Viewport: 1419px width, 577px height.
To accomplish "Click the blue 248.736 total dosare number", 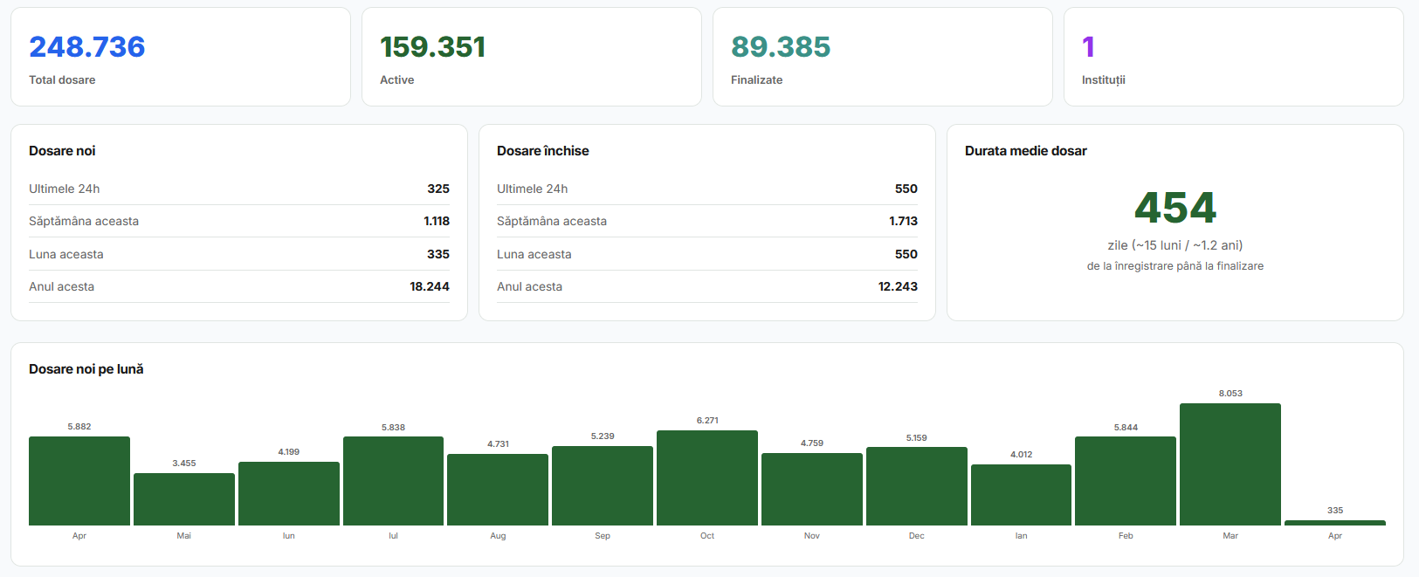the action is (x=86, y=47).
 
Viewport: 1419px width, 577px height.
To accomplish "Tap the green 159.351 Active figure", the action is (x=432, y=47).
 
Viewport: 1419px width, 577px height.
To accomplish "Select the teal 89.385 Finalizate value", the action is (x=781, y=47).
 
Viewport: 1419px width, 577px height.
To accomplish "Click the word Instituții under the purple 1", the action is (x=1104, y=79).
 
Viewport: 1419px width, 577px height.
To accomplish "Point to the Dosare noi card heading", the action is (x=62, y=151).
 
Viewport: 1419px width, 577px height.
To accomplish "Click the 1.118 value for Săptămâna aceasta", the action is (x=437, y=221).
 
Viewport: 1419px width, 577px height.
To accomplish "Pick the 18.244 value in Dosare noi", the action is (x=430, y=286).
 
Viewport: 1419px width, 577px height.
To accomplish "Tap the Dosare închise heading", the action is (x=543, y=151).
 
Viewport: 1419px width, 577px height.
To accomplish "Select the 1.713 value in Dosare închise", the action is (x=903, y=221).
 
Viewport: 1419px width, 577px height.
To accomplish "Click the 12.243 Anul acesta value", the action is (x=898, y=286).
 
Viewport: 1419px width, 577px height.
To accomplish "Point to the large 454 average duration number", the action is (x=1175, y=208).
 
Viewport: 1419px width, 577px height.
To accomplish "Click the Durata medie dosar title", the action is (x=1025, y=151).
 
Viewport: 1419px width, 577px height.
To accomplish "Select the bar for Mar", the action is (x=1230, y=464).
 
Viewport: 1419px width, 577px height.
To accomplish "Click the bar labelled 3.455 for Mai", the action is (x=184, y=499).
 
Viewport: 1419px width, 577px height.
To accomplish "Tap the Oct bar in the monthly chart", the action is (x=707, y=477).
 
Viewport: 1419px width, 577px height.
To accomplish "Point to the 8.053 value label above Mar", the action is (x=1230, y=394).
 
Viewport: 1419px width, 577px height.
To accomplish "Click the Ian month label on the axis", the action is (x=1021, y=536).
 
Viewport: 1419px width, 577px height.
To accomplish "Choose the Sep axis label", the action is (x=603, y=536).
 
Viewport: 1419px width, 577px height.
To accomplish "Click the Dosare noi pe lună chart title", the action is (x=86, y=369).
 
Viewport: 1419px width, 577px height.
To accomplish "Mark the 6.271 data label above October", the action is (x=707, y=421).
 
